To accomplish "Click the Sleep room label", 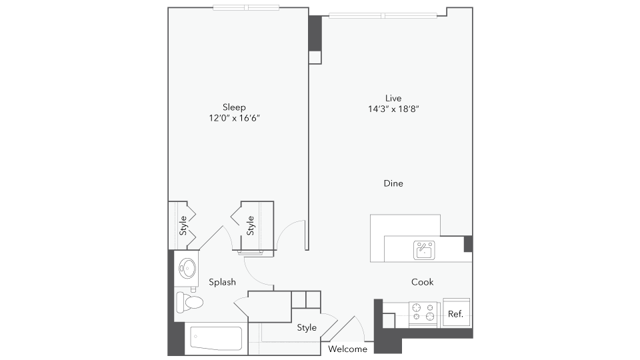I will click(x=234, y=107).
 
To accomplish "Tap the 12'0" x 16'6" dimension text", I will click(x=234, y=118).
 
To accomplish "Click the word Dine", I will click(x=393, y=183).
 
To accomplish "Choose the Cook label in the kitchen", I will click(x=422, y=282).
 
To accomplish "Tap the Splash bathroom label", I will click(x=222, y=282).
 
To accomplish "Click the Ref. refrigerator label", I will click(x=456, y=314).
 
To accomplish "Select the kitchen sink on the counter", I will click(x=424, y=250).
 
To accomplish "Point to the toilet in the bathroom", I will click(x=189, y=302).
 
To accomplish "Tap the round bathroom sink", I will click(x=187, y=269).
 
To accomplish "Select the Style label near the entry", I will click(x=307, y=327).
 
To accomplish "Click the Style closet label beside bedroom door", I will click(x=251, y=225).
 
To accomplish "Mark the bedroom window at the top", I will click(x=246, y=8).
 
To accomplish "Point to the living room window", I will click(x=383, y=15).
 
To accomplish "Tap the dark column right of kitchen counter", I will click(x=468, y=243).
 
